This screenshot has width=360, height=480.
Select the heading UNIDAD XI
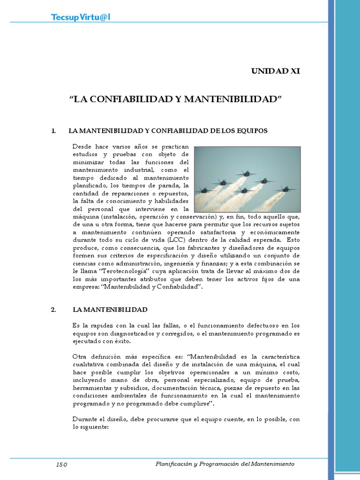[x=275, y=71]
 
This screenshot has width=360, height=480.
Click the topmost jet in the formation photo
[x=246, y=173]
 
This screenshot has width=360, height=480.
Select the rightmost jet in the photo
[x=285, y=189]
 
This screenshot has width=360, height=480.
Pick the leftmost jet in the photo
[x=204, y=190]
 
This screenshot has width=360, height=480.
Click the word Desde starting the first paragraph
[x=82, y=146]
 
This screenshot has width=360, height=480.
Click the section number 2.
[x=53, y=310]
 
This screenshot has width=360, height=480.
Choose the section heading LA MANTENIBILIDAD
[x=110, y=310]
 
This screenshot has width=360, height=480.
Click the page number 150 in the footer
[x=62, y=465]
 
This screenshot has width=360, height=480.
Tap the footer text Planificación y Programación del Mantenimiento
[x=225, y=464]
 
